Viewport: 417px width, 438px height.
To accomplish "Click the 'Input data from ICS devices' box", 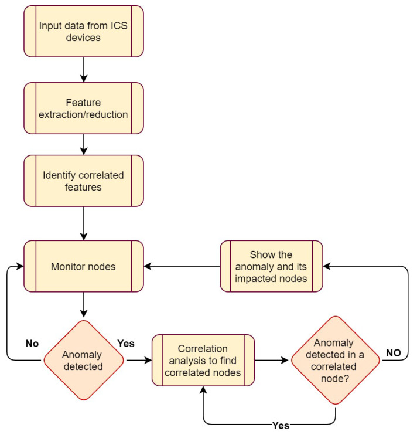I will (84, 32).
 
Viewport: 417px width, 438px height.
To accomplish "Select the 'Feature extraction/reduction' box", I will (84, 108).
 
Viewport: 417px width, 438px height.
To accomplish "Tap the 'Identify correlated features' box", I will (84, 181).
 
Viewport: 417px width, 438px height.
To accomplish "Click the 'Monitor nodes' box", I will (84, 266).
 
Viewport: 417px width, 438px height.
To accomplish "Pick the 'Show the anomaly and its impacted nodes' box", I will (271, 266).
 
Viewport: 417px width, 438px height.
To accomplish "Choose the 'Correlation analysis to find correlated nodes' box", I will (203, 360).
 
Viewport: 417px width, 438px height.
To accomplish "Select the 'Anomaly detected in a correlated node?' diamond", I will (336, 360).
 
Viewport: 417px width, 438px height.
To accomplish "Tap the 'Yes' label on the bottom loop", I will (281, 425).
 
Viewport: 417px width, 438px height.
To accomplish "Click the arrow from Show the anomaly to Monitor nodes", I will (182, 266).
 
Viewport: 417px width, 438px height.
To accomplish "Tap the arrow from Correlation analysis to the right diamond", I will (272, 360).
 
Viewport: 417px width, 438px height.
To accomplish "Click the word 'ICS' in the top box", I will (116, 25).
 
